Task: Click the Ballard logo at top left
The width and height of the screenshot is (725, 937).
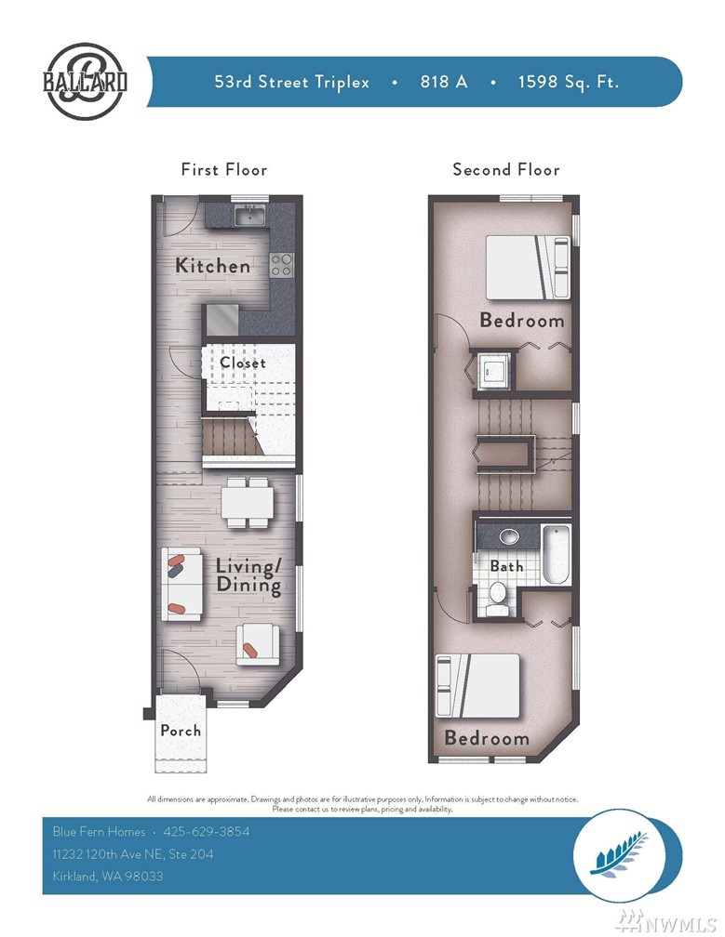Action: coord(85,81)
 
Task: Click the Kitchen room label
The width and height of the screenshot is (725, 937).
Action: coord(212,265)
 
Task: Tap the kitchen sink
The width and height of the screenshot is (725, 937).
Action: coord(250,215)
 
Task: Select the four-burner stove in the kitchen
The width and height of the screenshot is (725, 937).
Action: coord(281,265)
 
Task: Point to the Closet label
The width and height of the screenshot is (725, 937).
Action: coord(242,363)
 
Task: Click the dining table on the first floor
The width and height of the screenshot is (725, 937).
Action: coord(247,503)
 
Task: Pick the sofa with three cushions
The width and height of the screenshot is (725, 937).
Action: coord(181,584)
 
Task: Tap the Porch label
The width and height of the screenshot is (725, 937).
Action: coord(180,731)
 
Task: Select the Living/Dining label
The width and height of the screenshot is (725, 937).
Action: coord(248,575)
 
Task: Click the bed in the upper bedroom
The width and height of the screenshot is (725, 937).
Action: coord(528,267)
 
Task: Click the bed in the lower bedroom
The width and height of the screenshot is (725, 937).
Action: coord(478,685)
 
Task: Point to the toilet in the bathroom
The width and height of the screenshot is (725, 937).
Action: coord(497,599)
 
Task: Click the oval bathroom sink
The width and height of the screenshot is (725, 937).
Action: coord(509,535)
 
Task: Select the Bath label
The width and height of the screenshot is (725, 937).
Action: coord(506,565)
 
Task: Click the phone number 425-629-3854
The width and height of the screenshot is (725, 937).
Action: coord(207,831)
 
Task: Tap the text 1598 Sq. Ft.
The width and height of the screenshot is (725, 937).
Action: coord(569,81)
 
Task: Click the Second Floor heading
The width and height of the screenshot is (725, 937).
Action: coord(506,170)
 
